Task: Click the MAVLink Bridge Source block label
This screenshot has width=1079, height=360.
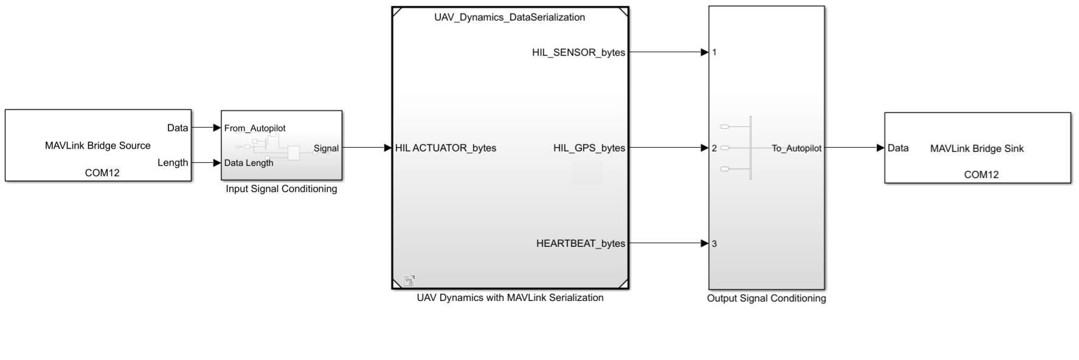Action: coord(98,145)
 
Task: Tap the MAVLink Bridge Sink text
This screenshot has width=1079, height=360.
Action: coord(977,148)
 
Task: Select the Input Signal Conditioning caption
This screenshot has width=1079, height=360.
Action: coord(281,189)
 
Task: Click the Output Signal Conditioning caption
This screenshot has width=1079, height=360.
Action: coord(766,299)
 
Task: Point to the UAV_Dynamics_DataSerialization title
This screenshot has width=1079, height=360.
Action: coord(510,17)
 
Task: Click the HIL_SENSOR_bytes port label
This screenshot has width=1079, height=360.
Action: coord(578,52)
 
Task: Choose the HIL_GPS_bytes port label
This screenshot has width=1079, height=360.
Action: coord(589,148)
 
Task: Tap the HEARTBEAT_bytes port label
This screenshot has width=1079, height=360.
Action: coord(580,243)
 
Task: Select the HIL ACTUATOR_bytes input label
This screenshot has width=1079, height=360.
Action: coord(446,148)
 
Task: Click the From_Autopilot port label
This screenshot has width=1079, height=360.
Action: coord(255,128)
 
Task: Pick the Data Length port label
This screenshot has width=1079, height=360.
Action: coord(249,163)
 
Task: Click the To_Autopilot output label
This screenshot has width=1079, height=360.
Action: coord(796,148)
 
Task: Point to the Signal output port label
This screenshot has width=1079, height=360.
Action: coord(326,148)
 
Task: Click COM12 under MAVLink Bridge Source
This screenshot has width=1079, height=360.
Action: coord(102,173)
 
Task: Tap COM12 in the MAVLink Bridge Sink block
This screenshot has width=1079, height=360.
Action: coord(981,175)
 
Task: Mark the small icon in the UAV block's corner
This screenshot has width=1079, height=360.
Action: coord(409,280)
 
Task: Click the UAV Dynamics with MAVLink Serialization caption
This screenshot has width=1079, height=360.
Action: coord(510,298)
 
